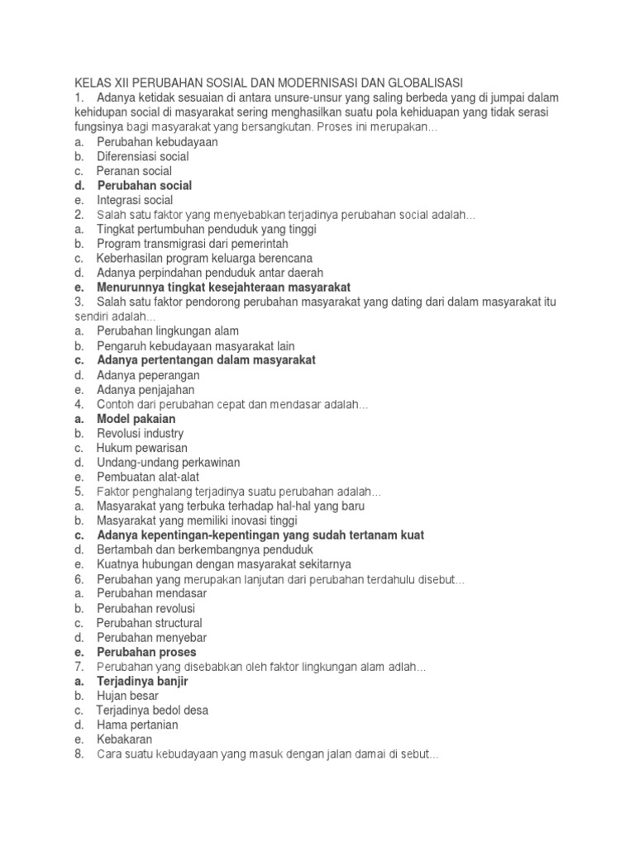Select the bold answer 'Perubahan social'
pos(144,186)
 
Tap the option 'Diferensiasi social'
pos(142,156)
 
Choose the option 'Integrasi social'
pos(135,200)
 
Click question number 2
pos(79,215)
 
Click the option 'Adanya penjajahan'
pos(146,390)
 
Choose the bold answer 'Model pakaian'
pos(136,419)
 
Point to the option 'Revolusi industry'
pos(140,434)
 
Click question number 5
pos(79,492)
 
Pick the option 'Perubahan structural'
pos(149,623)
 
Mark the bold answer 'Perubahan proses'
pos(146,653)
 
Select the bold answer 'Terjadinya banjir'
pos(143,682)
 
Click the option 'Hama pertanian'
pos(137,725)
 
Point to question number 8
pos(79,754)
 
